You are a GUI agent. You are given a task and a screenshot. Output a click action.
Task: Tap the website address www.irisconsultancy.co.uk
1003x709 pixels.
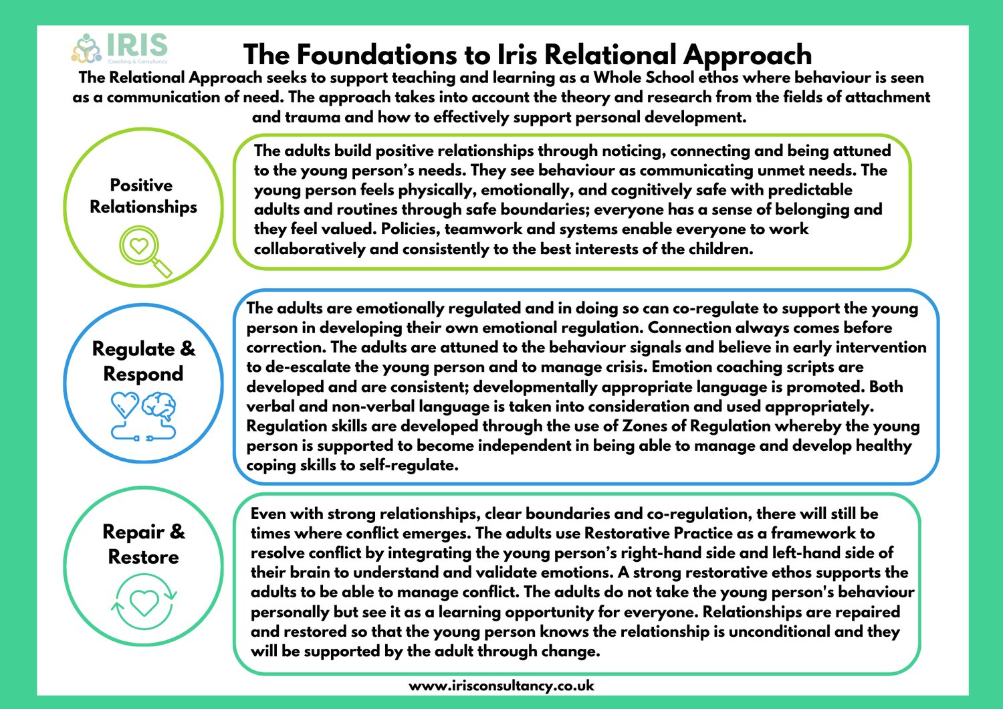tap(501, 686)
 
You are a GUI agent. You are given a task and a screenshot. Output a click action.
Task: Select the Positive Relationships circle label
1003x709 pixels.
tap(143, 196)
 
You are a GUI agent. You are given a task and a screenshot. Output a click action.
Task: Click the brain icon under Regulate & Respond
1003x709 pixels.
tap(159, 407)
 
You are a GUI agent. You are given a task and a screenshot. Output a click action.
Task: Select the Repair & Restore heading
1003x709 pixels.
tap(143, 544)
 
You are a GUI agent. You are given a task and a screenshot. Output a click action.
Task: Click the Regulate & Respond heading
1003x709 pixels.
tap(143, 361)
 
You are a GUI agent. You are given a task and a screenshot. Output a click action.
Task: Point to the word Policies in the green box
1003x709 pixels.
tap(409, 229)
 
